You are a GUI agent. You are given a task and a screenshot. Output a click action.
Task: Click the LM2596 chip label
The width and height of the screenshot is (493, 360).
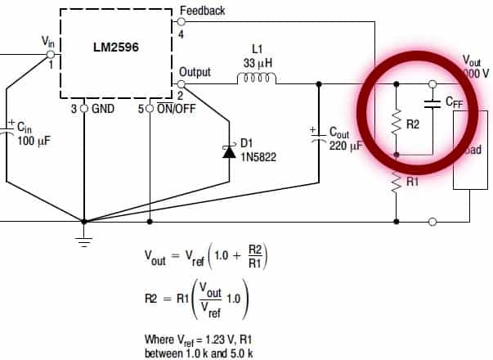(115, 47)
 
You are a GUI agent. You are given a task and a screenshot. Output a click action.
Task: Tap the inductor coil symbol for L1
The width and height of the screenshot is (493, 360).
(257, 80)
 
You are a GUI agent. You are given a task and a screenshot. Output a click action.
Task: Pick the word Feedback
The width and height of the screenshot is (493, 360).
(202, 11)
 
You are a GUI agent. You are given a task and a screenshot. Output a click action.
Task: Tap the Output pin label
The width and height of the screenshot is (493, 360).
(196, 72)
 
